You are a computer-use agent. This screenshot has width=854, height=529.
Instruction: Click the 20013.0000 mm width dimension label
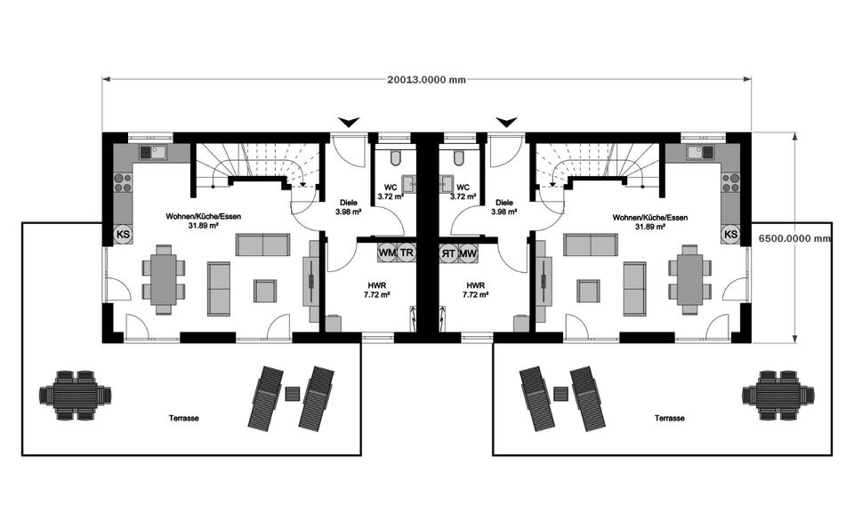pos(426,79)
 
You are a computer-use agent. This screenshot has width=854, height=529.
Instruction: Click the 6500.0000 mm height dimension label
pos(794,238)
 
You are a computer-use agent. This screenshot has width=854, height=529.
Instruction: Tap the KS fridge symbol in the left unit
pos(123,235)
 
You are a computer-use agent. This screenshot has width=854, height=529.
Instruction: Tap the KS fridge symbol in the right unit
pos(730,235)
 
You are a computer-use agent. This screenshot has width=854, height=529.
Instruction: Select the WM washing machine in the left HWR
pos(387,252)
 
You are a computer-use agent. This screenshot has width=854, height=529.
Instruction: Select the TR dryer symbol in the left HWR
pos(407,252)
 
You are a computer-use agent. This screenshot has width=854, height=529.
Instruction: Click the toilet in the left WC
pos(396,158)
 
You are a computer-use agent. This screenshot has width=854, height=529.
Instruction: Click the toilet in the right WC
pos(458,158)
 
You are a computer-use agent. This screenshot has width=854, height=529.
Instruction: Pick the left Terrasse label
pos(184,417)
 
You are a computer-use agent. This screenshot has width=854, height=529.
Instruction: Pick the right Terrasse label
pos(669,417)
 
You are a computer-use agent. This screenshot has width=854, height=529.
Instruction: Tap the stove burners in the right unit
pos(730,182)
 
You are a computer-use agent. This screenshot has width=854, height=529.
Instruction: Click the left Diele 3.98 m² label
pos(347,207)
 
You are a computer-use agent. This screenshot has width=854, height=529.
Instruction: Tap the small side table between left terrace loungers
pos(293,391)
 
